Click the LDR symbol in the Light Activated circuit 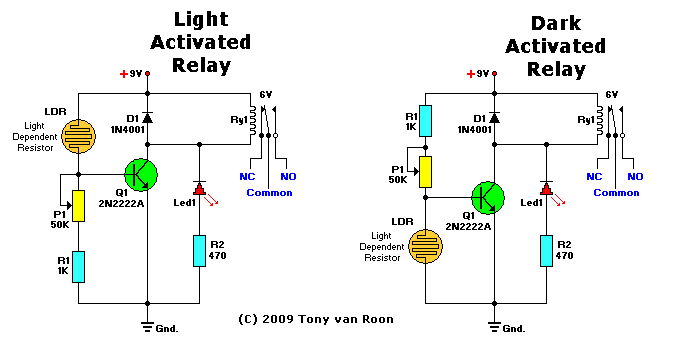pyautogui.click(x=79, y=136)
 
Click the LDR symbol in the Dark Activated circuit pyautogui.click(x=425, y=246)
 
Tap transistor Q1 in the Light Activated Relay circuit pyautogui.click(x=141, y=175)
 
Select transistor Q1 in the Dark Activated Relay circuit pyautogui.click(x=488, y=197)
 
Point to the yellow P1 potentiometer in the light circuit pyautogui.click(x=79, y=206)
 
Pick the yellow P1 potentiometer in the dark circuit pyautogui.click(x=425, y=172)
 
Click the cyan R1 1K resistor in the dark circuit pyautogui.click(x=425, y=121)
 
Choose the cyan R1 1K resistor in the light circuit pyautogui.click(x=79, y=267)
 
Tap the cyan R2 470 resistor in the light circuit pyautogui.click(x=200, y=251)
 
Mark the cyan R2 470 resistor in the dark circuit pyautogui.click(x=546, y=251)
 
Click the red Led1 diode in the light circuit pyautogui.click(x=200, y=188)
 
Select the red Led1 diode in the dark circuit pyautogui.click(x=546, y=188)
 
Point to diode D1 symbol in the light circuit pyautogui.click(x=148, y=118)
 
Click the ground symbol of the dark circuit pyautogui.click(x=494, y=327)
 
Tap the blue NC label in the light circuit pyautogui.click(x=247, y=176)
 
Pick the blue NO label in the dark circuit pyautogui.click(x=635, y=176)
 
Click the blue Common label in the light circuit pyautogui.click(x=270, y=193)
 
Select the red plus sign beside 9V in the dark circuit pyautogui.click(x=471, y=74)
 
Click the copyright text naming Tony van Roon pyautogui.click(x=316, y=319)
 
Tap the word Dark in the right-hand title pyautogui.click(x=556, y=23)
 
